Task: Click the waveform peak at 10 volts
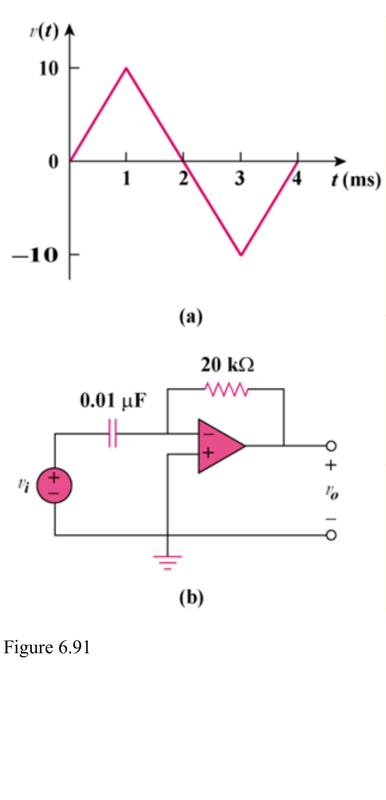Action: click(x=126, y=69)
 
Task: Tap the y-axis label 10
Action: click(x=48, y=69)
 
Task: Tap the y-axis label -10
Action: click(x=35, y=255)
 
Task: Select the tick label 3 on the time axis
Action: click(x=240, y=178)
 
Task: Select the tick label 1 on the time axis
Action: click(x=126, y=179)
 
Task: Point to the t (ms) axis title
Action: click(x=356, y=179)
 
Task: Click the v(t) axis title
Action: click(x=44, y=31)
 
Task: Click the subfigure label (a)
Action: click(x=191, y=317)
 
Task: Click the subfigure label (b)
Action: click(x=191, y=597)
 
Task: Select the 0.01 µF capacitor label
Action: click(x=113, y=401)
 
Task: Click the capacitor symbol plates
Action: click(x=113, y=433)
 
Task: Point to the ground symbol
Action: click(x=168, y=562)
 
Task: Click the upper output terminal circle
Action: click(x=331, y=446)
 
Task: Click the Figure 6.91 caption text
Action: click(x=47, y=647)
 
